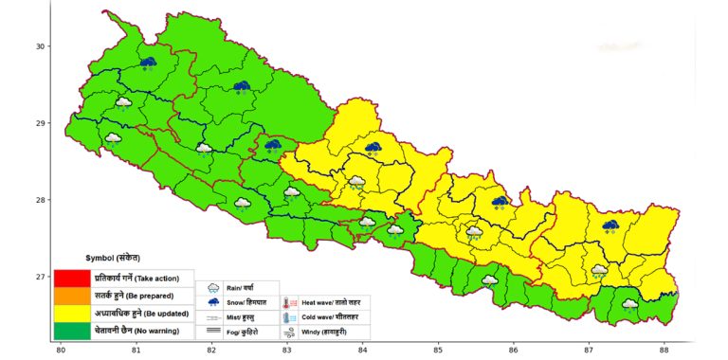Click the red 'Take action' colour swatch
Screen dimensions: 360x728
tap(72, 278)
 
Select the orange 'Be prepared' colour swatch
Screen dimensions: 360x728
tap(72, 296)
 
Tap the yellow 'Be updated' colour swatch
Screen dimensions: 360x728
tap(72, 314)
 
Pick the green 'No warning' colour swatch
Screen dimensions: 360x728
tap(72, 331)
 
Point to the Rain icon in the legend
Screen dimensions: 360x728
tap(212, 288)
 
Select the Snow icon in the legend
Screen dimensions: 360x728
tap(212, 302)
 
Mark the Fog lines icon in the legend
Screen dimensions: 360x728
tap(212, 332)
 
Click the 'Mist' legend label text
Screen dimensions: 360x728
tap(241, 317)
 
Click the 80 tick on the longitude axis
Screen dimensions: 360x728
tap(61, 351)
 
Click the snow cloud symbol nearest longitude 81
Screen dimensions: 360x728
tap(148, 63)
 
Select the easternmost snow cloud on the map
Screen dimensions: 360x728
tap(610, 226)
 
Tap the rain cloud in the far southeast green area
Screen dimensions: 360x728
tap(629, 305)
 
